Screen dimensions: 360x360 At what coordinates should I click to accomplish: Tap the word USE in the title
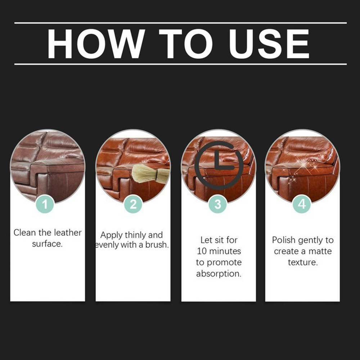pyautogui.click(x=269, y=44)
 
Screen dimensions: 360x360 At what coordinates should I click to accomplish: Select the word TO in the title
pyautogui.click(x=186, y=44)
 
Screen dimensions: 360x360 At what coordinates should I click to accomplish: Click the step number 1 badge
pyautogui.click(x=45, y=204)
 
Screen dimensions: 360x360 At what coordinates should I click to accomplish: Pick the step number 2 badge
pyautogui.click(x=133, y=204)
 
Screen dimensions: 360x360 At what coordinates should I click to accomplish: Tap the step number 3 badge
pyautogui.click(x=218, y=204)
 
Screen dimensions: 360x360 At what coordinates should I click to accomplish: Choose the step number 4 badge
pyautogui.click(x=302, y=204)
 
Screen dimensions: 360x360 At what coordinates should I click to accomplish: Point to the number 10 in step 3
pyautogui.click(x=202, y=251)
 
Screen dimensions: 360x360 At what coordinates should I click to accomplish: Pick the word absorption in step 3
pyautogui.click(x=219, y=274)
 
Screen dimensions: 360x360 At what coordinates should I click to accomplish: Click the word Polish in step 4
pyautogui.click(x=284, y=240)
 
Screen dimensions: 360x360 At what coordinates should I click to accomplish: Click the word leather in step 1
pyautogui.click(x=68, y=233)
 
